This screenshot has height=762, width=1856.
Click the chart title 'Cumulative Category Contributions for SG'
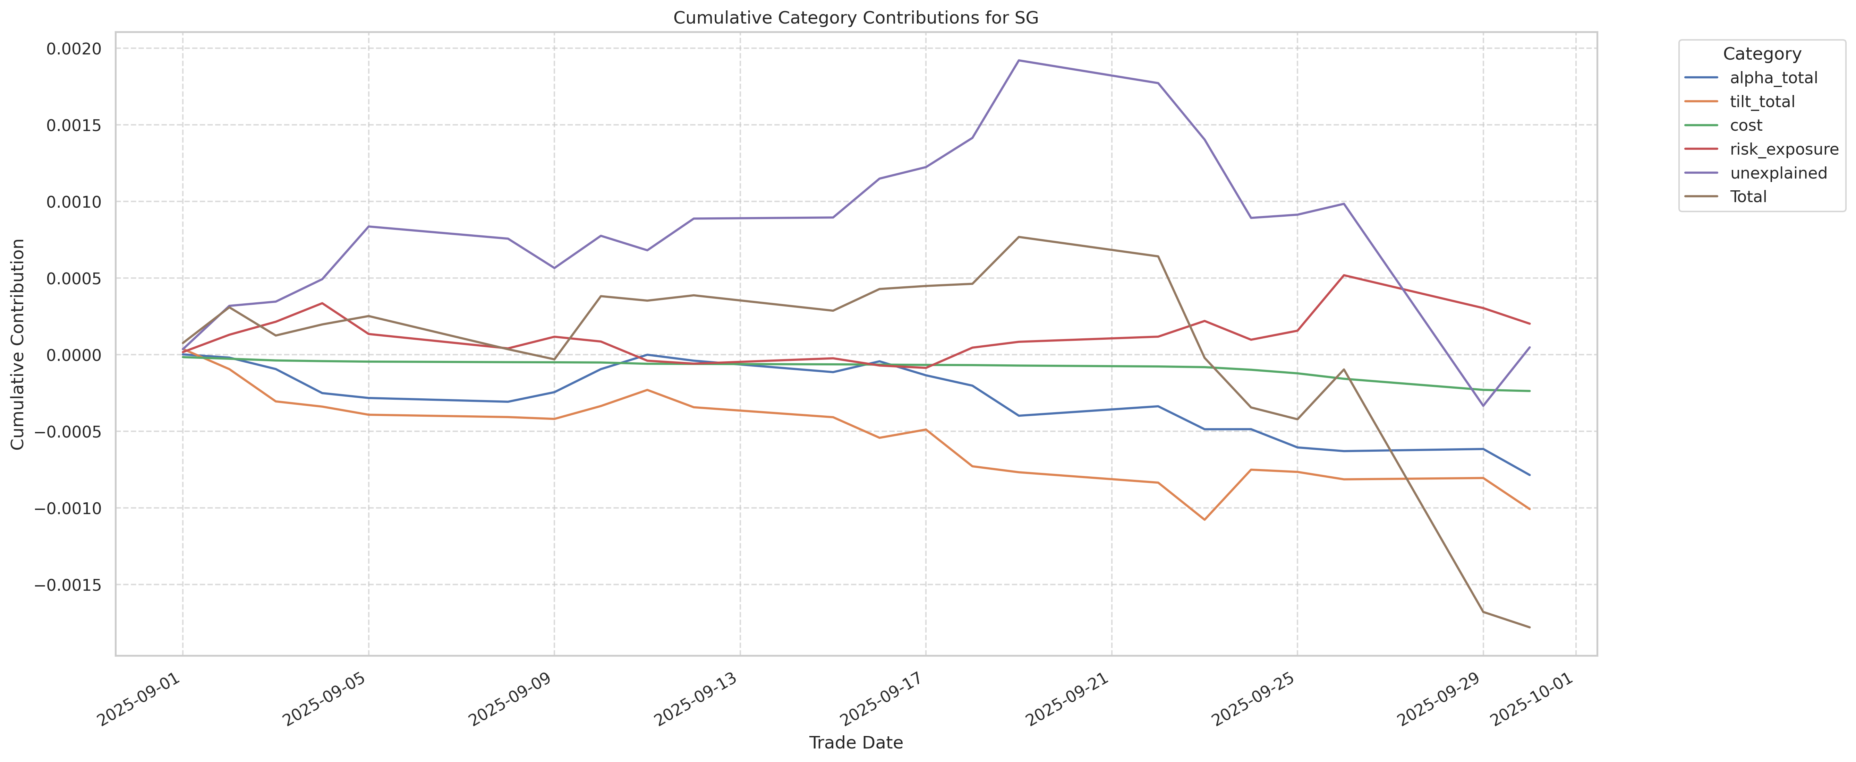pos(855,18)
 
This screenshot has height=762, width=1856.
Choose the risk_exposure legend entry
pos(1783,149)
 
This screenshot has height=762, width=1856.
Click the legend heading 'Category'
pos(1762,54)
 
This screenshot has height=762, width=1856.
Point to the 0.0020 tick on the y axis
pos(74,49)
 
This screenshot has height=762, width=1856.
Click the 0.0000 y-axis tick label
pos(74,355)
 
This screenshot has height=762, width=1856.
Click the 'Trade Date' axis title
pos(855,743)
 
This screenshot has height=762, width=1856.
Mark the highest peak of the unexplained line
pos(1018,61)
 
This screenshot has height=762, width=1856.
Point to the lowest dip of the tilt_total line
pos(1204,519)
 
